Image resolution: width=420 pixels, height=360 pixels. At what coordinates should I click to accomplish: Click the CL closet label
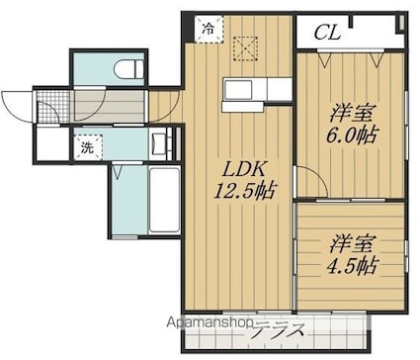(x=327, y=33)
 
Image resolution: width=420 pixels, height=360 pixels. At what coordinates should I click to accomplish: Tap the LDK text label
(x=243, y=170)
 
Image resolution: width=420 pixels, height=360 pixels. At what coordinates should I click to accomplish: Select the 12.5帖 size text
(x=243, y=190)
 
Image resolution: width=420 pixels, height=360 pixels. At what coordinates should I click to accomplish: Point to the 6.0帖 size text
(x=351, y=135)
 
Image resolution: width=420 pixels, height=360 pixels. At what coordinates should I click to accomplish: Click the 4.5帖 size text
(x=351, y=265)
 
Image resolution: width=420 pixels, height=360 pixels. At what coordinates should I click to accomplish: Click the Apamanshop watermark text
(x=210, y=322)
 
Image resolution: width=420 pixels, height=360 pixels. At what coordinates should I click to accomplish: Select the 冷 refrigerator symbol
(x=209, y=29)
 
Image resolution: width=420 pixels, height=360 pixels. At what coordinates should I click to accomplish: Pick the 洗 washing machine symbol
(x=88, y=147)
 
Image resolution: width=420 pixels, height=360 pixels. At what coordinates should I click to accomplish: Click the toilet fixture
(x=128, y=69)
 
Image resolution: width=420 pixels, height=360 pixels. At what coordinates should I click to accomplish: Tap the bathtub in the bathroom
(x=164, y=200)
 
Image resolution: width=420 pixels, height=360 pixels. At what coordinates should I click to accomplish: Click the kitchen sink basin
(x=238, y=89)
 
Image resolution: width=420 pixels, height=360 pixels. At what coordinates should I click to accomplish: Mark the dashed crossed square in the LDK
(x=245, y=49)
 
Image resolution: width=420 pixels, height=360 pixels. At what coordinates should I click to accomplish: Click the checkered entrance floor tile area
(x=52, y=106)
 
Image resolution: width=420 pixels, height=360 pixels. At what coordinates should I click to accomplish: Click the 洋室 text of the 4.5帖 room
(x=351, y=244)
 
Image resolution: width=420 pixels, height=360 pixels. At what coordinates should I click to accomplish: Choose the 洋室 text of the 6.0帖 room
(x=351, y=113)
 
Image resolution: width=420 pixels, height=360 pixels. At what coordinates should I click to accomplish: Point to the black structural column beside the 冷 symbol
(x=188, y=29)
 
